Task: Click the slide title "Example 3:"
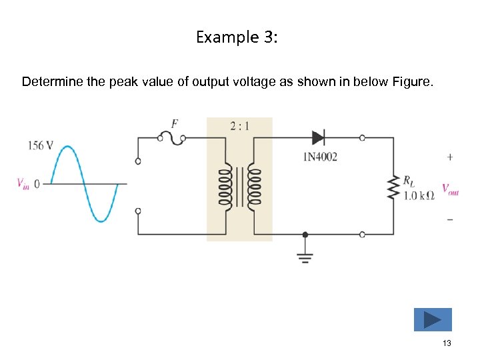pyautogui.click(x=237, y=37)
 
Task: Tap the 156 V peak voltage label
pyautogui.click(x=41, y=145)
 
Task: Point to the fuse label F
pyautogui.click(x=175, y=123)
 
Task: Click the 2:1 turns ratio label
pyautogui.click(x=239, y=125)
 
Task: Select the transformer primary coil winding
pyautogui.click(x=225, y=189)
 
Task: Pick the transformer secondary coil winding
pyautogui.click(x=253, y=189)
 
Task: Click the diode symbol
pyautogui.click(x=319, y=138)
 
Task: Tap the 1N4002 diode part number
pyautogui.click(x=321, y=157)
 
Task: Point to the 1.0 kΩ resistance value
pyautogui.click(x=419, y=195)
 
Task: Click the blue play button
pyautogui.click(x=433, y=319)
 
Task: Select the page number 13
pyautogui.click(x=447, y=343)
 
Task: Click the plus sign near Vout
pyautogui.click(x=450, y=157)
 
